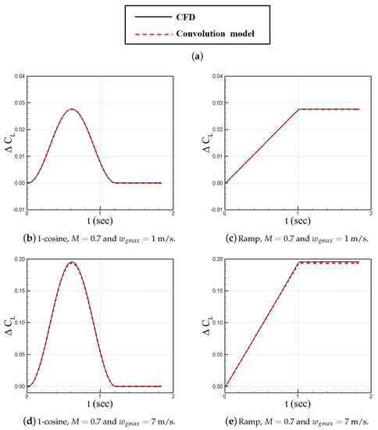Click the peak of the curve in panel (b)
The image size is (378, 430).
(72, 109)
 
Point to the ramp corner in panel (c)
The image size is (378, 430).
(298, 109)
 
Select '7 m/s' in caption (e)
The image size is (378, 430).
(352, 422)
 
